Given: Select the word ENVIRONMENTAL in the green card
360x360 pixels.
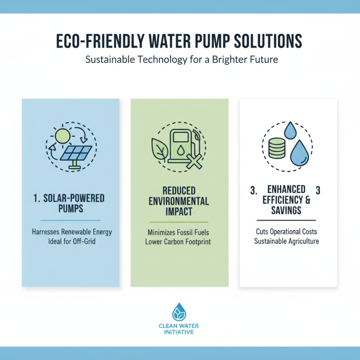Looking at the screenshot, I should pyautogui.click(x=179, y=202).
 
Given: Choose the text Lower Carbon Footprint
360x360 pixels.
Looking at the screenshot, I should pyautogui.click(x=179, y=242).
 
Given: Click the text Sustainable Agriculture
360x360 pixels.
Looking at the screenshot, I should pyautogui.click(x=287, y=241).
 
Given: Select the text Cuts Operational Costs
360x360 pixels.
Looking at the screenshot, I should pyautogui.click(x=287, y=232).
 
